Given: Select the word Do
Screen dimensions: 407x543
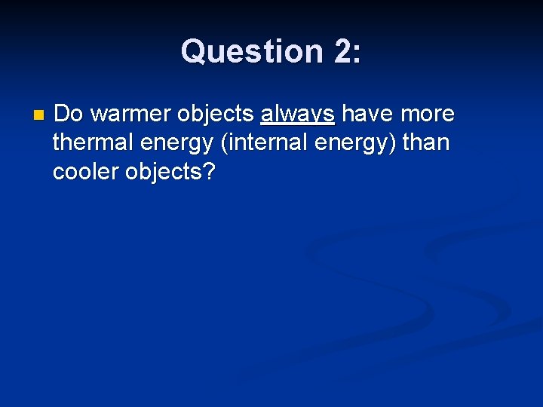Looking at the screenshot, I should (69, 114).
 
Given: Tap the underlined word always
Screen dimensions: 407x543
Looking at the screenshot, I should (297, 114).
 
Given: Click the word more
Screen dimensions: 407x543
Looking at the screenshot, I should (428, 114).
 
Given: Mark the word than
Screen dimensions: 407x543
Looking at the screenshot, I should (425, 142).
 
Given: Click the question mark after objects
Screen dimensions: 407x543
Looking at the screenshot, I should (210, 172).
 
